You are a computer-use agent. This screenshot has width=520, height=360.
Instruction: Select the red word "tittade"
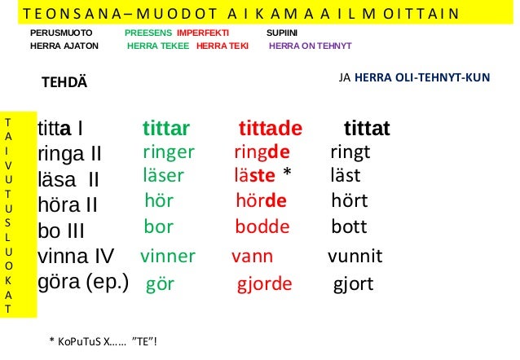(x=270, y=129)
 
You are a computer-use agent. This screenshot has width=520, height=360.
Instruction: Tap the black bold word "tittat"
(x=367, y=129)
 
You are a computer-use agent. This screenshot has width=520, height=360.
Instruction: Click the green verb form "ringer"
(x=168, y=152)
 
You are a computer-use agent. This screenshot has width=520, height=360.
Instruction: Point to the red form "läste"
(x=254, y=176)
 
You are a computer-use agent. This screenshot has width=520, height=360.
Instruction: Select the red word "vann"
(x=252, y=257)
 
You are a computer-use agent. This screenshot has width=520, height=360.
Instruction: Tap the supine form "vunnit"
(x=355, y=257)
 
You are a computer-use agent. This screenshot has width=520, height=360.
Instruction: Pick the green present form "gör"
(x=161, y=284)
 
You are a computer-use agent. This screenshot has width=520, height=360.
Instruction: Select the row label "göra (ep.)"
(x=83, y=282)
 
